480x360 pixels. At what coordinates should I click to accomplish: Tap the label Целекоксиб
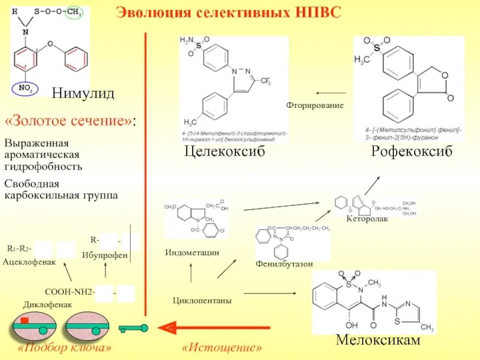(x=224, y=152)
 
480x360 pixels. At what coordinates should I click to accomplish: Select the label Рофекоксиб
(x=411, y=152)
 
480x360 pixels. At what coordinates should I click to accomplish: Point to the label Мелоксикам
(x=378, y=340)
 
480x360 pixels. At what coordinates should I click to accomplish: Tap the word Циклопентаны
(x=202, y=299)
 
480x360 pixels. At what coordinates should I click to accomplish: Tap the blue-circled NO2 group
(x=26, y=89)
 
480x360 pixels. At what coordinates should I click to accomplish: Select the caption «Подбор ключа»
(x=65, y=348)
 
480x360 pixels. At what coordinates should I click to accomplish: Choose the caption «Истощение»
(x=221, y=348)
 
